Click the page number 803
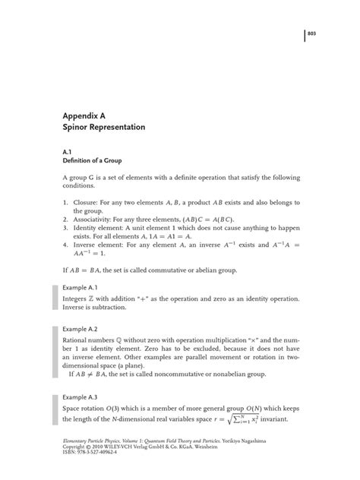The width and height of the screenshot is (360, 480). [311, 35]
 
